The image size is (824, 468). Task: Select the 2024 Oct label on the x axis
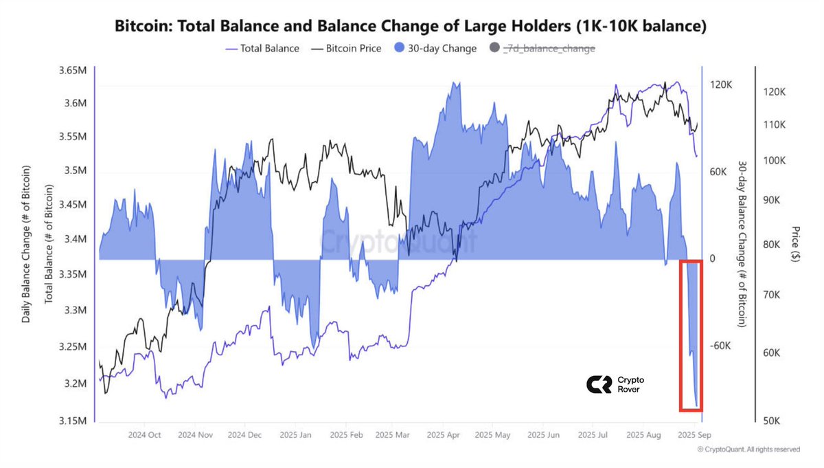(145, 435)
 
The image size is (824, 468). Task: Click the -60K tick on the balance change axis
(721, 346)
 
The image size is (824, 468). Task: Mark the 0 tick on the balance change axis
(713, 258)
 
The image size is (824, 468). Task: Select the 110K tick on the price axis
(775, 124)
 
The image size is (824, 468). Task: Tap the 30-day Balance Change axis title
(742, 244)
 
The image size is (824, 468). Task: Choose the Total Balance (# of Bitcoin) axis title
(49, 244)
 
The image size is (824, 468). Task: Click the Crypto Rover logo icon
(597, 385)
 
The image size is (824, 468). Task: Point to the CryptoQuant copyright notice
(748, 449)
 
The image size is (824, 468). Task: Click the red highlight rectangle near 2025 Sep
(691, 336)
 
